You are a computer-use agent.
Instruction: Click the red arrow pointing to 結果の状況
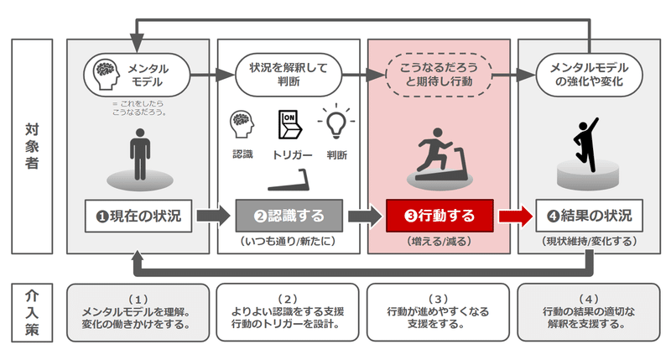click(x=515, y=217)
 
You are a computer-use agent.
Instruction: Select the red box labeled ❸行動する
click(x=440, y=216)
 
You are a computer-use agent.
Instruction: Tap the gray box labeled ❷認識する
click(x=289, y=216)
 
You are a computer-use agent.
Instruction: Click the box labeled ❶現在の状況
click(x=138, y=216)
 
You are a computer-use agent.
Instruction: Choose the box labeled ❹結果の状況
click(x=590, y=216)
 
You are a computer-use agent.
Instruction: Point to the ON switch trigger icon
click(x=289, y=124)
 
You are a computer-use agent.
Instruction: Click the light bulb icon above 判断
click(x=336, y=121)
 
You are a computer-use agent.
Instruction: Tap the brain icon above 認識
click(x=242, y=124)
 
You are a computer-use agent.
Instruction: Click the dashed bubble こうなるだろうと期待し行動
click(x=439, y=75)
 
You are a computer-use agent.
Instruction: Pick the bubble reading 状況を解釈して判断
click(x=289, y=75)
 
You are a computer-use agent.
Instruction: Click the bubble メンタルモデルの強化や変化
click(x=590, y=75)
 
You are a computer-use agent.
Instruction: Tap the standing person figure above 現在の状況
click(x=140, y=154)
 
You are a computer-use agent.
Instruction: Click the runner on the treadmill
click(x=440, y=154)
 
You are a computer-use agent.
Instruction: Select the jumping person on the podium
click(x=585, y=144)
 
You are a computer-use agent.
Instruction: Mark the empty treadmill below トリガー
click(x=289, y=180)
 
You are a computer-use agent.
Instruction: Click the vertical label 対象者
click(x=32, y=146)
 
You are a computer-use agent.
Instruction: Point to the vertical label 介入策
click(x=32, y=312)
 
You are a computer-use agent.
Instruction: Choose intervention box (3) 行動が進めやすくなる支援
click(x=438, y=312)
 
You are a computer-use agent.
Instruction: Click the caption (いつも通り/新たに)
click(x=289, y=242)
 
